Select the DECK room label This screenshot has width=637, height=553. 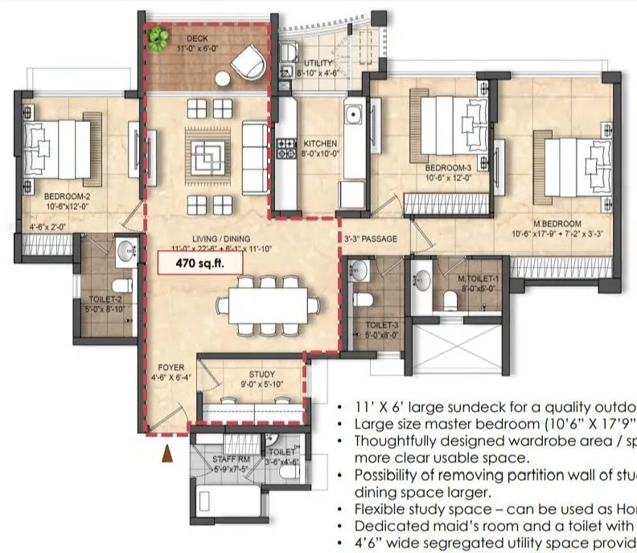(x=197, y=39)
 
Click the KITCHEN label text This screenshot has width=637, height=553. (x=319, y=144)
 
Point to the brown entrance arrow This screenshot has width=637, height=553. (x=168, y=454)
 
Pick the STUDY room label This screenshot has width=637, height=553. (x=262, y=375)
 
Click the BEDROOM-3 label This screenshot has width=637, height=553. (x=450, y=169)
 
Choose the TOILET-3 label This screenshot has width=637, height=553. (x=376, y=326)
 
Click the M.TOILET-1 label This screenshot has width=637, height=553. (x=478, y=279)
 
